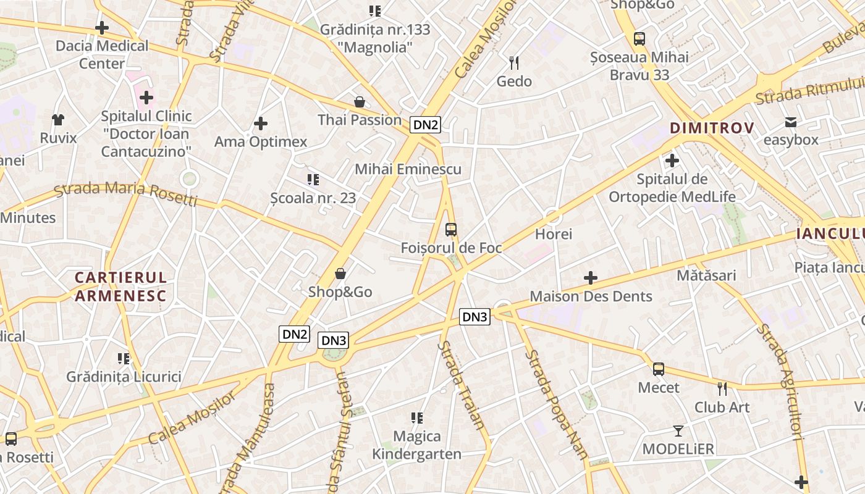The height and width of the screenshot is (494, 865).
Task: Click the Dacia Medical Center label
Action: tap(102, 54)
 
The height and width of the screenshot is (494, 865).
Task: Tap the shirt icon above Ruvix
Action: tap(58, 119)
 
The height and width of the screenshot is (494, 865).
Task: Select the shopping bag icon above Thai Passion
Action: tap(360, 101)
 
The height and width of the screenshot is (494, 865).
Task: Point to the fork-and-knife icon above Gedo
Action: tap(514, 62)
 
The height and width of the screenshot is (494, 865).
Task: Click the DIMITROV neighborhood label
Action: tap(712, 128)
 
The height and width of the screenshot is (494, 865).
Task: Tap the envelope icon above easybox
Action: tap(791, 122)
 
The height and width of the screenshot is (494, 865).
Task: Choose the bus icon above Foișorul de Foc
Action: tap(451, 230)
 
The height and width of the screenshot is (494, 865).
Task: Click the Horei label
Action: tap(554, 234)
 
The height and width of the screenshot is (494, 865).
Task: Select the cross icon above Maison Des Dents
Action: tap(591, 278)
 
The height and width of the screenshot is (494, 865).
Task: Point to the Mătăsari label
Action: tap(706, 275)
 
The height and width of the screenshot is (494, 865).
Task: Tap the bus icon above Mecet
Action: tap(659, 369)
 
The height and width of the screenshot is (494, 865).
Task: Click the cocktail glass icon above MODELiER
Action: tap(678, 430)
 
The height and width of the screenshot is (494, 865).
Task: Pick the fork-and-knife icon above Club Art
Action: tap(722, 389)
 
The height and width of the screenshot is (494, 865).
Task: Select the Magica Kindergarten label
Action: tap(417, 445)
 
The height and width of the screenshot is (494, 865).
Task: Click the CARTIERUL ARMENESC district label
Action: tap(120, 287)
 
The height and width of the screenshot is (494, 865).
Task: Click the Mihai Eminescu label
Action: tap(408, 169)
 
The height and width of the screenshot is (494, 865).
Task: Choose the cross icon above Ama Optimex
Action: tap(261, 124)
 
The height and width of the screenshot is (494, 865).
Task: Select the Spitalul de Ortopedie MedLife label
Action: tap(672, 188)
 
